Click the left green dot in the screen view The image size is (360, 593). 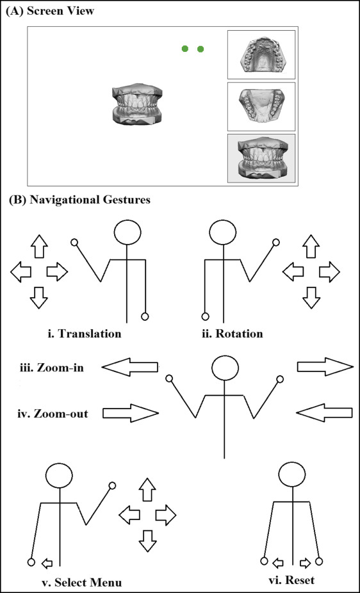coord(185,49)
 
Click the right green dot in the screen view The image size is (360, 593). coord(200,49)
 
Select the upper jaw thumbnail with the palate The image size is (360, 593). coord(261,55)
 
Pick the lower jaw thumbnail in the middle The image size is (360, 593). coord(261,107)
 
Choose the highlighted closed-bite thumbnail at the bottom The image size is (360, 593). coord(261,158)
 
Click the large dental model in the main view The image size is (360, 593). coord(137,104)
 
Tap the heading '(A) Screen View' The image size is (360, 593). coord(49,11)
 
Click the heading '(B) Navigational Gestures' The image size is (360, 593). coord(79,200)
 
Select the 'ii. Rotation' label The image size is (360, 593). coord(232,334)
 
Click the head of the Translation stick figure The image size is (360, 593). coord(128,232)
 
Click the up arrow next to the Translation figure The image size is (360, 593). coord(38,246)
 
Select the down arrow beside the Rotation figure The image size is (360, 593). coord(311,298)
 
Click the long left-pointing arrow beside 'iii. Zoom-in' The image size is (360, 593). coord(129,367)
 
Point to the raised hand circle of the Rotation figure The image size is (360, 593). coord(276,242)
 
